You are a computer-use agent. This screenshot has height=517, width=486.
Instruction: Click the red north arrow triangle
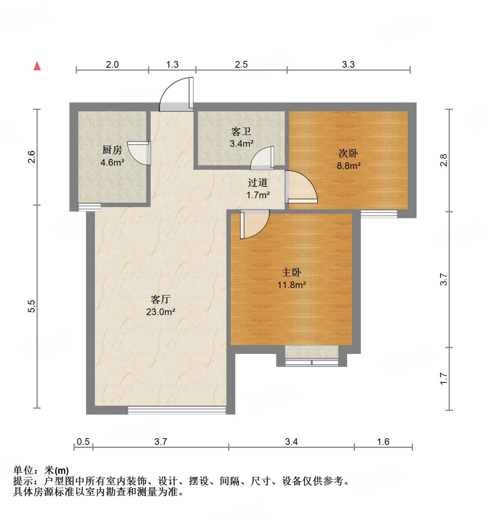pos(37,66)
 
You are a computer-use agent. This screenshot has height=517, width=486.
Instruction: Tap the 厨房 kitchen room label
pos(112,150)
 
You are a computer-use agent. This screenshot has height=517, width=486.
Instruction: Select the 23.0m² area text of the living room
pos(161,312)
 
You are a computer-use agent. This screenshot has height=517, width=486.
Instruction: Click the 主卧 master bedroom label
pos(291,273)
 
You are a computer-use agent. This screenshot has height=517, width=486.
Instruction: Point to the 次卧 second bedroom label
pos(348,153)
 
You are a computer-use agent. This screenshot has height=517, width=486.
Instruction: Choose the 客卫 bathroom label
pos(241,131)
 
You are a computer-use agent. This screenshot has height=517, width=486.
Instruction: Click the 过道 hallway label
pos(258,182)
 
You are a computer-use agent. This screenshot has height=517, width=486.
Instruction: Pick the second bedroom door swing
pos(300,187)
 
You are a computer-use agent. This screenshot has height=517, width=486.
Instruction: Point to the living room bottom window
pos(177,410)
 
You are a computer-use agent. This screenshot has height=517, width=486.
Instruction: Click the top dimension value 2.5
pos(241,65)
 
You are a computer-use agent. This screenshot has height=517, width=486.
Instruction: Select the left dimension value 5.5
pos(32,306)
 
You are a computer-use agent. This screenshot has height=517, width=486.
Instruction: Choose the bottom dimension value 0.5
pos(83,442)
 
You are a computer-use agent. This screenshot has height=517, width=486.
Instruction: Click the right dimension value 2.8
pos(444,160)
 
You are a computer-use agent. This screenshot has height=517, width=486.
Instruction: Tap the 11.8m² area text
pos(292,285)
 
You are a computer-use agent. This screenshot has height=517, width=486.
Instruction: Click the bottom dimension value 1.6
pos(383,442)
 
